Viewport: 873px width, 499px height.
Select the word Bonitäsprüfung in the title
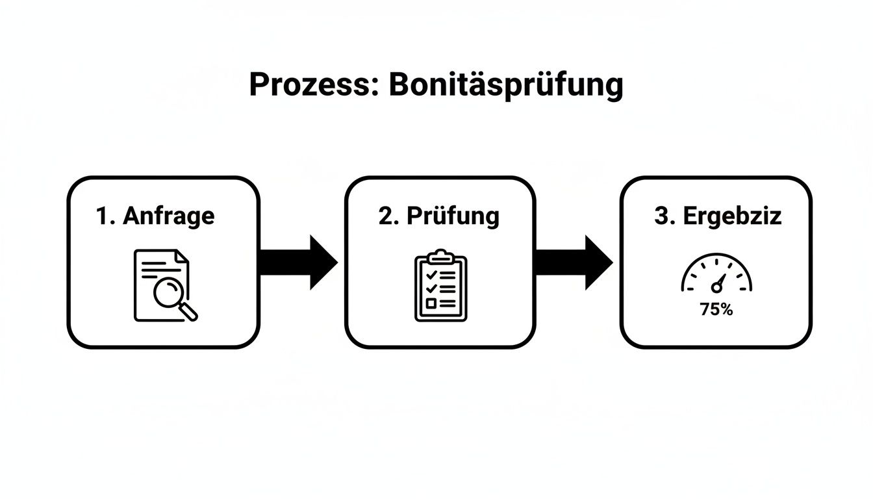tap(505, 85)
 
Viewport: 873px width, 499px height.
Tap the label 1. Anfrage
tap(155, 216)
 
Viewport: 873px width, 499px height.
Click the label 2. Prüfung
tap(439, 216)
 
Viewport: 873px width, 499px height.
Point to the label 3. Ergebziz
tap(718, 216)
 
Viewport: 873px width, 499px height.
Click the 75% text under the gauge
tap(716, 310)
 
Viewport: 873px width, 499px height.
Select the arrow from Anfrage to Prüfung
tap(297, 262)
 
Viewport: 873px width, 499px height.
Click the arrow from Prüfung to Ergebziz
tap(573, 262)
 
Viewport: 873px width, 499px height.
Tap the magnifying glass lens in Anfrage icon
tap(169, 292)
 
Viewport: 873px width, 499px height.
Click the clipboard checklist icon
tap(440, 285)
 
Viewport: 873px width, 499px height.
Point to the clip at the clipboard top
tap(440, 255)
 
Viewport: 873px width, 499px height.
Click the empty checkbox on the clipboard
tap(429, 303)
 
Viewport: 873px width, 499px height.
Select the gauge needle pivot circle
tap(716, 287)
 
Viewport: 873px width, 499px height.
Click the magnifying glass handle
tap(189, 312)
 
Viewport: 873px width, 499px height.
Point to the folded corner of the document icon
tap(183, 256)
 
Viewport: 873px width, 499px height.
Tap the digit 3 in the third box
tap(661, 216)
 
